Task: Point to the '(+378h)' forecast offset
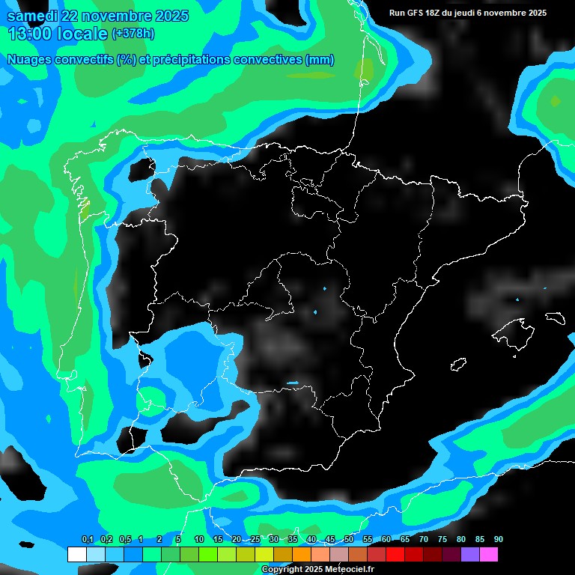click(x=133, y=34)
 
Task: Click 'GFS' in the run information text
click(x=416, y=13)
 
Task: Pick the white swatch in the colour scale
click(x=76, y=555)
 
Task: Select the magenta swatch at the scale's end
click(x=489, y=555)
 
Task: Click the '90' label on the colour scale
click(x=498, y=540)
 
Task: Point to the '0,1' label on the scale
click(x=87, y=540)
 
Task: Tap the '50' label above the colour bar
click(x=348, y=540)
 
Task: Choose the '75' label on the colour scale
click(x=442, y=540)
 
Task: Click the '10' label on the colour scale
click(x=198, y=540)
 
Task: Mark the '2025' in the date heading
click(x=168, y=16)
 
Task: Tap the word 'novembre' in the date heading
click(x=114, y=16)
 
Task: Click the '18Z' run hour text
click(x=436, y=13)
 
